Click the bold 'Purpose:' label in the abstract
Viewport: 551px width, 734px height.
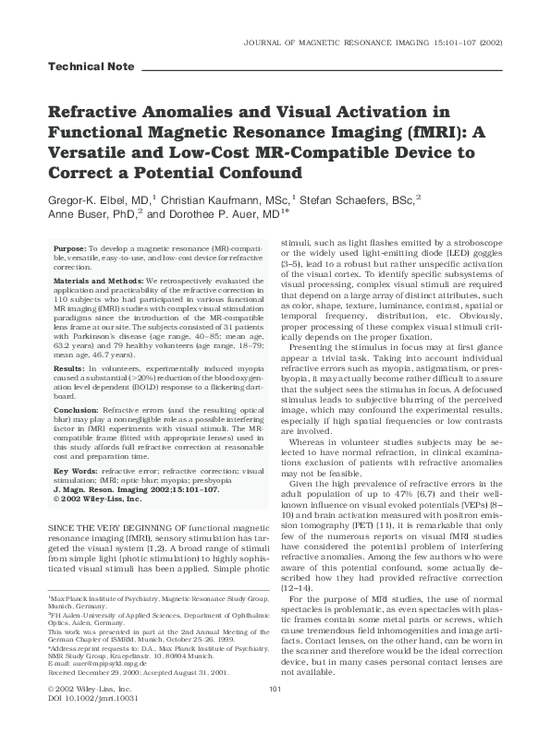point(70,249)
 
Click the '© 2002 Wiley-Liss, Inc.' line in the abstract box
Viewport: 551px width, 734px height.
point(96,499)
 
